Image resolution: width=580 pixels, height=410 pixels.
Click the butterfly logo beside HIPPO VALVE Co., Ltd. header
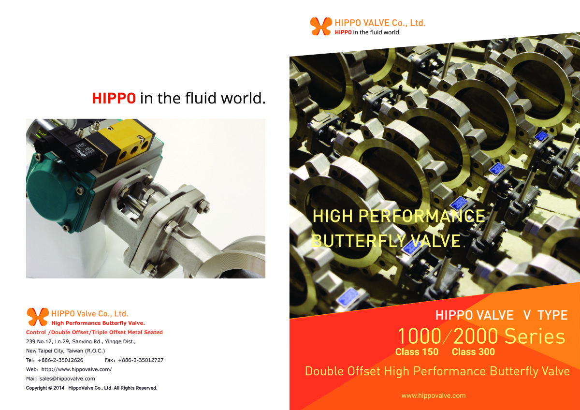click(321, 26)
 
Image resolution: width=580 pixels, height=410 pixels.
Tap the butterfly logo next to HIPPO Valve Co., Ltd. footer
click(38, 317)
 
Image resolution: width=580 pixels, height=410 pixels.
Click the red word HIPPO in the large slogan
click(114, 99)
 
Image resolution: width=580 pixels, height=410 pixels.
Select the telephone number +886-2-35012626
click(60, 360)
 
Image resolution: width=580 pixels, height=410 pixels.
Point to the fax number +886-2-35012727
click(141, 360)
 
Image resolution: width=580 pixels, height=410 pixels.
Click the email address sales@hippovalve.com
click(67, 379)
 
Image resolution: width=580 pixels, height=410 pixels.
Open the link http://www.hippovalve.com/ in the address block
click(77, 369)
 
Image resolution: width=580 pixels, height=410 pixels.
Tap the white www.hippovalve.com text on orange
click(434, 395)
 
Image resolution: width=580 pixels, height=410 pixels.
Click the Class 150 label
click(417, 351)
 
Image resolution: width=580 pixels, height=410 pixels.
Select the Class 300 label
click(473, 351)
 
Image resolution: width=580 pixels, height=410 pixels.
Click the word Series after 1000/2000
click(535, 336)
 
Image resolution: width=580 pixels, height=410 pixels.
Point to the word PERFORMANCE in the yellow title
click(421, 216)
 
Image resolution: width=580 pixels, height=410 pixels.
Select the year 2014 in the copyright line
click(59, 388)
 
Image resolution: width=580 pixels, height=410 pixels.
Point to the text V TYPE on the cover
click(545, 315)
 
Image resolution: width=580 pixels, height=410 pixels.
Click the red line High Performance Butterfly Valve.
click(98, 323)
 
